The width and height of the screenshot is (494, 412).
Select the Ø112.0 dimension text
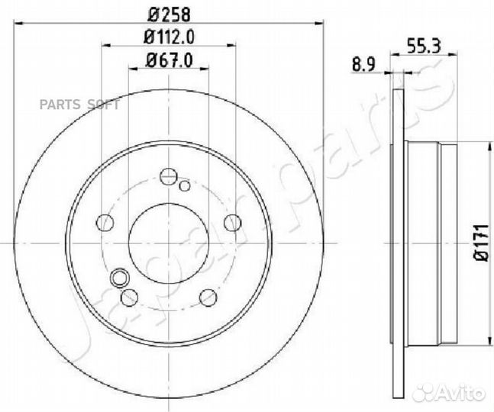coord(168,35)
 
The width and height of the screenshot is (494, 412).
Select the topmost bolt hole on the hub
coord(168,177)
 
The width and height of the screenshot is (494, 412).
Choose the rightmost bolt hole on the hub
coord(231,222)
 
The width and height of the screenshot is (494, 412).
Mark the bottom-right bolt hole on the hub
coord(207,297)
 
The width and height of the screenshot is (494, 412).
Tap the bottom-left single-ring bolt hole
coord(130,297)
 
